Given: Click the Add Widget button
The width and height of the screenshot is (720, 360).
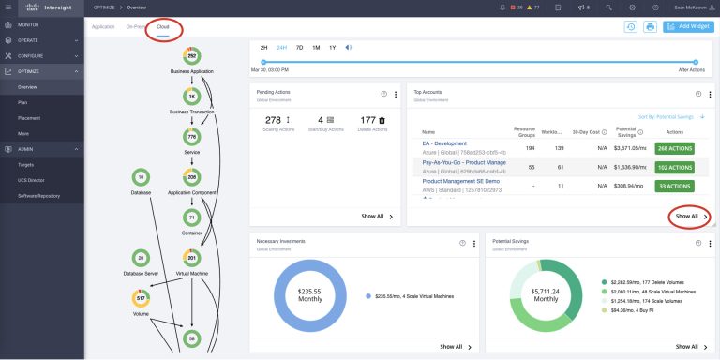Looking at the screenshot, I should click(687, 27).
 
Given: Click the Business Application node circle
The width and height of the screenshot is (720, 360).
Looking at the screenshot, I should click(191, 57).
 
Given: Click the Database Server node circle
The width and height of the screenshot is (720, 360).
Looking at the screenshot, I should click(141, 257).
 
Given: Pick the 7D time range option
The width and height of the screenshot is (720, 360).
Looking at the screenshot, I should click(299, 47).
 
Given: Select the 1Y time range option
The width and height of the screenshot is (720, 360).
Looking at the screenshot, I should click(333, 47).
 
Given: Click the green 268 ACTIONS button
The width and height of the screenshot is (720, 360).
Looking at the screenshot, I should click(674, 147).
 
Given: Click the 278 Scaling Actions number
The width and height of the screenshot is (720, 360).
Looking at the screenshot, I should click(273, 120).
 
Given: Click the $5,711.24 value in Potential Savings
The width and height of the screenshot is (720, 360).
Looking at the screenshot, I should click(546, 292).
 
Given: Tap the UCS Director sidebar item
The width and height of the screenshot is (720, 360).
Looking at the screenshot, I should click(32, 180).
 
